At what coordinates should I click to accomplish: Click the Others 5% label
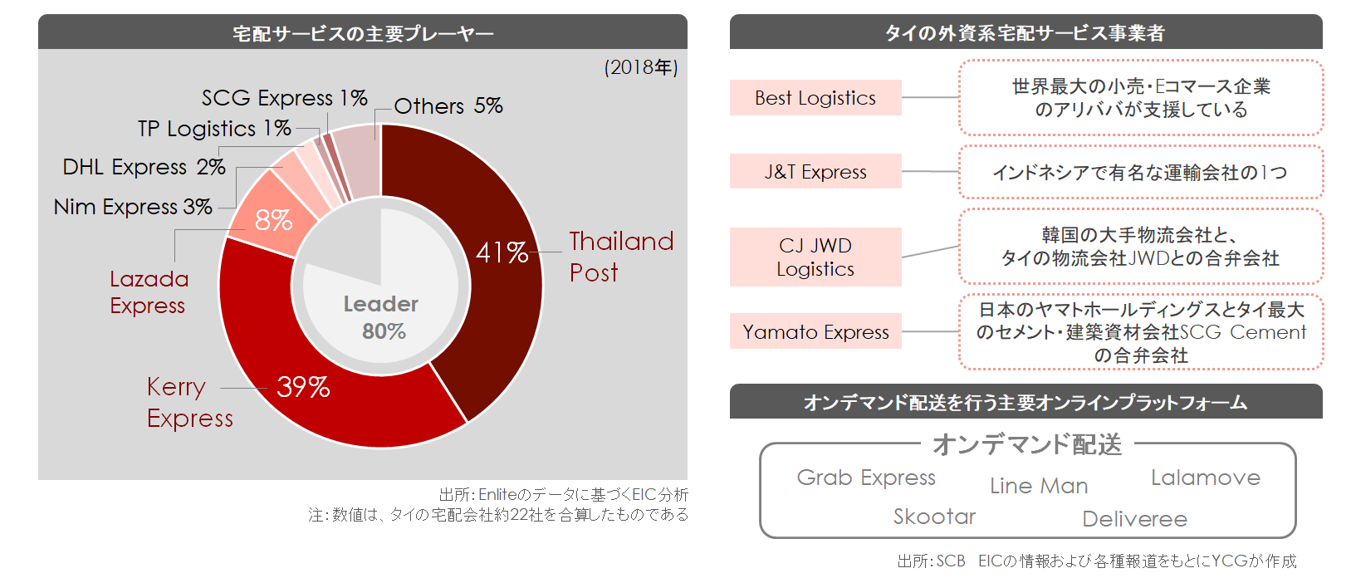448,106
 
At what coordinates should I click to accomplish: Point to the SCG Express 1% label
284,98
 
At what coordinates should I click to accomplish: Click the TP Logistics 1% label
214,129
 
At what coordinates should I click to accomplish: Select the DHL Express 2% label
144,167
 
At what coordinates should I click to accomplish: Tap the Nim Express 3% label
133,207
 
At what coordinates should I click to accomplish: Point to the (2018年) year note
641,67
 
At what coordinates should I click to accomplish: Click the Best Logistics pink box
815,98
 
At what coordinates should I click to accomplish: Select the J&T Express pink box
815,171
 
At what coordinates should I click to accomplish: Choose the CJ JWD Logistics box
815,257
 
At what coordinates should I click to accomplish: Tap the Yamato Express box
815,331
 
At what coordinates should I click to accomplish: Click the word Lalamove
1206,478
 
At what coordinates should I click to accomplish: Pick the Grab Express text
866,478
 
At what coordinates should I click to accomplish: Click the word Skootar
934,517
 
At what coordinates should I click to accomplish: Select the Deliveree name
1134,520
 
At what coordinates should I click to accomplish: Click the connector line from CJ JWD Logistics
930,252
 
